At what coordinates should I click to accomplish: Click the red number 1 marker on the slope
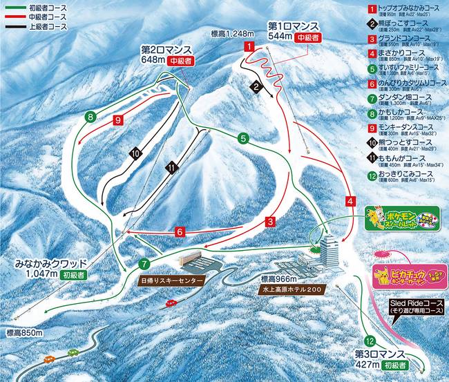(x=248, y=46)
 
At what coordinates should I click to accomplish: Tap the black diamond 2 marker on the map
(x=256, y=87)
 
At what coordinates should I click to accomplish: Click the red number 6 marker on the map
(x=179, y=232)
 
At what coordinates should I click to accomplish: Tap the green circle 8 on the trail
(x=90, y=117)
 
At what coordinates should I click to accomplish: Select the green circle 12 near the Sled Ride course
(x=370, y=341)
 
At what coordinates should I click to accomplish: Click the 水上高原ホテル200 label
(x=292, y=289)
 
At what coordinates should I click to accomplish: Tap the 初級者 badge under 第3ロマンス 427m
(x=399, y=363)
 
